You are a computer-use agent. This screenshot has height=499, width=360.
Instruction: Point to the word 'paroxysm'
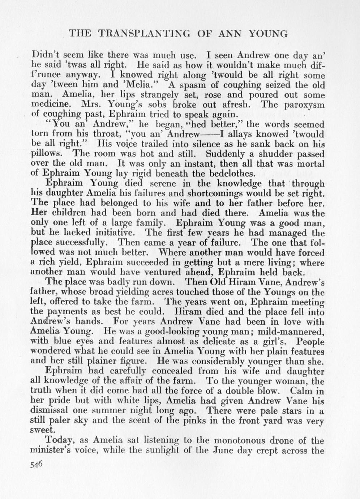[308, 105]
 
